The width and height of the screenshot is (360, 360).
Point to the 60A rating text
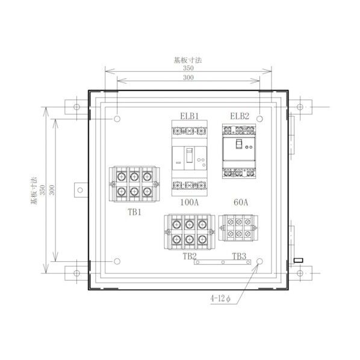tap(240, 203)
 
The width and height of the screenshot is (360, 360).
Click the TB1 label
tap(134, 212)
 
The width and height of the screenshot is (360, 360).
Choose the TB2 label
tap(190, 255)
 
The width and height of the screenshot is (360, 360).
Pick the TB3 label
tap(239, 255)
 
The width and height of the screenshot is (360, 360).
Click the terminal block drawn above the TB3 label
tap(239, 229)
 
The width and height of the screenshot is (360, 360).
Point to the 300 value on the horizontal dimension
tap(188, 79)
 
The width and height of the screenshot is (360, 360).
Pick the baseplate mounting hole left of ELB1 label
tap(117, 119)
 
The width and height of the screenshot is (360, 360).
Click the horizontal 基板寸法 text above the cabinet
tap(188, 60)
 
